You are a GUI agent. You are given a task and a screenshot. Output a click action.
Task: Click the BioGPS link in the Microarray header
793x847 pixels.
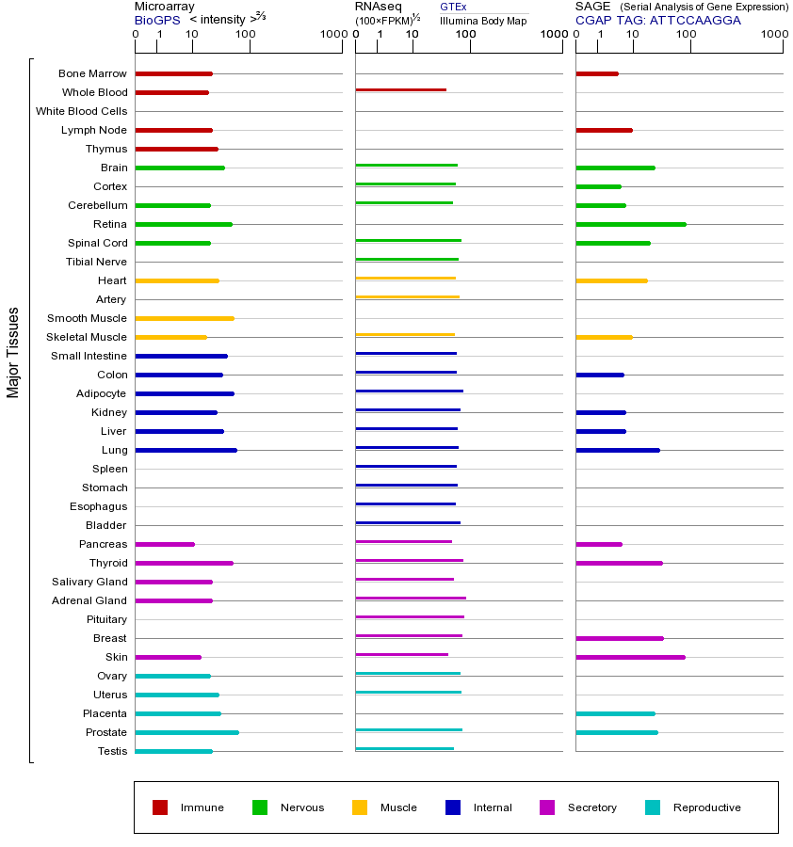(156, 20)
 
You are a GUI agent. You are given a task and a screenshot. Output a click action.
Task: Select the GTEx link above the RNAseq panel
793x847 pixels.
(453, 8)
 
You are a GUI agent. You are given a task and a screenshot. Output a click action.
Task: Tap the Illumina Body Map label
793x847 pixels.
(483, 20)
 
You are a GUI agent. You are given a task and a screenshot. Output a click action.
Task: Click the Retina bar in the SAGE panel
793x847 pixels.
(630, 224)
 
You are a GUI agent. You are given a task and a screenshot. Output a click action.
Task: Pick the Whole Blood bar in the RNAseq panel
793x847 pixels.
(400, 89)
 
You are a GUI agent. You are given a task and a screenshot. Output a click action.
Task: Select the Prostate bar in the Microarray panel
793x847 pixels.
(186, 732)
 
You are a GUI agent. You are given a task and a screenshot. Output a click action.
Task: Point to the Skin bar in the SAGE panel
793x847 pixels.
(630, 657)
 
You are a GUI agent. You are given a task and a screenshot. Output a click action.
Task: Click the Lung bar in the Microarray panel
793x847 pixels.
(186, 450)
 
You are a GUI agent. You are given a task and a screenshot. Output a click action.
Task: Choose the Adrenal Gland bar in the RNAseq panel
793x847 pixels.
(411, 598)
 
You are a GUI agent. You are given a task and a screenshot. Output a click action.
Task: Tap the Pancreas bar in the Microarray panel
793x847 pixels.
(165, 544)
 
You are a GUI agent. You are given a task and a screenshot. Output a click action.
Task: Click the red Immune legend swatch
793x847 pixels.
(160, 807)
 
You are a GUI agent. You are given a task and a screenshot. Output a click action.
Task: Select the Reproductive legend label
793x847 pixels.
(706, 807)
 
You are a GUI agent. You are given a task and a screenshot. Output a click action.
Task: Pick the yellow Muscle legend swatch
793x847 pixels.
(360, 807)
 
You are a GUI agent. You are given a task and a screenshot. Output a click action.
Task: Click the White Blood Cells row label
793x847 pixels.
(81, 111)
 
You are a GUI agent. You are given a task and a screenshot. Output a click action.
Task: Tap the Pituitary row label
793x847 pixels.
(106, 619)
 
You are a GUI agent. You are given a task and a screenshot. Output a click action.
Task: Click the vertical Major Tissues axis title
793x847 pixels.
(13, 352)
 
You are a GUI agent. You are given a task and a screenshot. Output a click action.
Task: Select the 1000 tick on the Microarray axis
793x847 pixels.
(332, 35)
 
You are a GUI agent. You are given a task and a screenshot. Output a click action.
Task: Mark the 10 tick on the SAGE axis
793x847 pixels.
(633, 35)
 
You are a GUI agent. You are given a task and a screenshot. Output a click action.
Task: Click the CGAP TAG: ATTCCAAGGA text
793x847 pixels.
(657, 20)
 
